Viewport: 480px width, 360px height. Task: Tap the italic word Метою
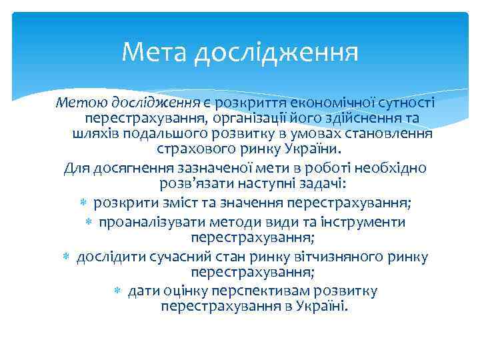[79, 102]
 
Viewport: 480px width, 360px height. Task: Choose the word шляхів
[93, 133]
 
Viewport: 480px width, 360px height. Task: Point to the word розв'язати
[193, 183]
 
